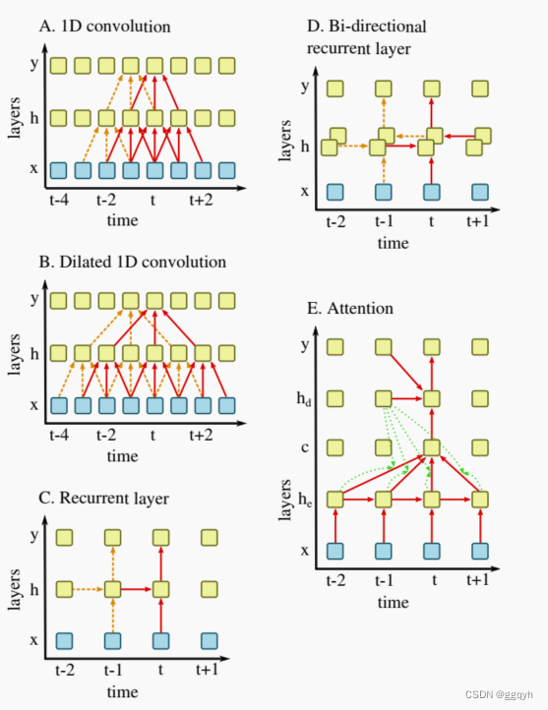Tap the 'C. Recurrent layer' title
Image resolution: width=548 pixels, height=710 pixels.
112,499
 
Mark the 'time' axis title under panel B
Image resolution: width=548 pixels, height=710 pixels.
123,455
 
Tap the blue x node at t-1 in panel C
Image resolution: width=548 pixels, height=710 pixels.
112,641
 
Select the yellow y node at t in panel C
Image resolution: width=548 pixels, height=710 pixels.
160,538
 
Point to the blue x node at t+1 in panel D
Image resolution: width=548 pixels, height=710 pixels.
479,192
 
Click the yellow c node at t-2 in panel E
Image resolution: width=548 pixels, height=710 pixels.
335,448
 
